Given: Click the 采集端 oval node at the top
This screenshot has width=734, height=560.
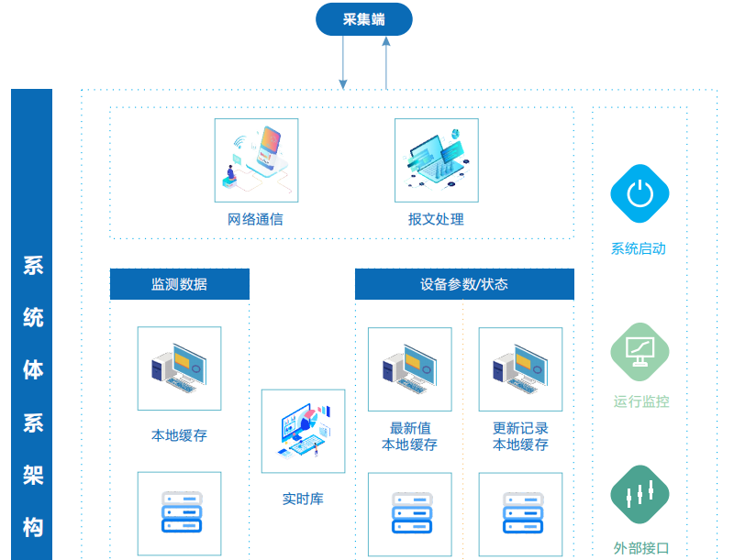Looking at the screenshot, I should tap(364, 19).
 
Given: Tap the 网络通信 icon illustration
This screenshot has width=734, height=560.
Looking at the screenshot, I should tap(256, 159).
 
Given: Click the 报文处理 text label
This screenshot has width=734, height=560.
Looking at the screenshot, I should tap(436, 220).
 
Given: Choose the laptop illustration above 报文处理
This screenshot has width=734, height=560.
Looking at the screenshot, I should tap(437, 159).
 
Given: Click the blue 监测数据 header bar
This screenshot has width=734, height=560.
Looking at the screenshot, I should tap(180, 284).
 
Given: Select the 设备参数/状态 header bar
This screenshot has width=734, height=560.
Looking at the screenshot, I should tap(464, 284).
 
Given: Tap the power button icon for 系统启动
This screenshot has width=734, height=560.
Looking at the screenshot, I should tap(639, 193).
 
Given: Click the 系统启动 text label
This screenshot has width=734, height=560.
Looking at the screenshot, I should tap(639, 248).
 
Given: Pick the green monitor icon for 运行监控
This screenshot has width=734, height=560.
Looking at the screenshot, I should tap(639, 351).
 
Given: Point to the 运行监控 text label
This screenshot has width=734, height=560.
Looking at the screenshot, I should tap(641, 401).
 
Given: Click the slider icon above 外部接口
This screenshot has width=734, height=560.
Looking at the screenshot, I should tap(639, 495).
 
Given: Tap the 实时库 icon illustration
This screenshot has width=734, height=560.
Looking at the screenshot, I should tap(303, 431).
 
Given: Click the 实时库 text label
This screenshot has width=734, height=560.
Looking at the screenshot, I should tap(303, 500).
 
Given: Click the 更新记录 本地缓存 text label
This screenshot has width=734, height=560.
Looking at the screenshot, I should tap(520, 436).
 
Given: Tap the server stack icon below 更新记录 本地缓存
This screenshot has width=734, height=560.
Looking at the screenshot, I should tap(520, 512).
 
